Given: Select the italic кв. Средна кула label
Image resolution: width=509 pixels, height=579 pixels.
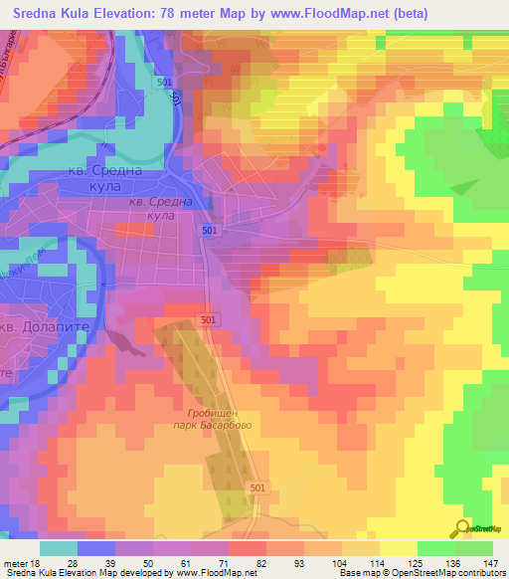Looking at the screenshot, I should click(x=160, y=208).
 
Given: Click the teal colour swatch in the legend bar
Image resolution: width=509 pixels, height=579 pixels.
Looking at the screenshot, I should click(x=59, y=548).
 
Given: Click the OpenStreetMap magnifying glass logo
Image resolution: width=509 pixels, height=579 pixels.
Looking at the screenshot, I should click(x=462, y=528).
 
